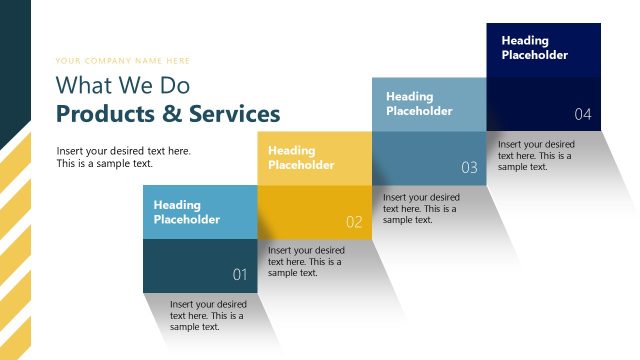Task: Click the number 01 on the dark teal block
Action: [x=240, y=274]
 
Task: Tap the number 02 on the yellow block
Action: [x=354, y=222]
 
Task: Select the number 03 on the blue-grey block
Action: [x=469, y=168]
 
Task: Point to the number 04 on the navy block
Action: [x=583, y=114]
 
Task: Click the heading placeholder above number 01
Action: [x=187, y=212]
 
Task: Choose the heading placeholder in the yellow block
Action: [x=301, y=157]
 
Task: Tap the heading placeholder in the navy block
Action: [x=534, y=48]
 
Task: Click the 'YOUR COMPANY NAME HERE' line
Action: [x=123, y=61]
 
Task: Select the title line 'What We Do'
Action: [x=122, y=85]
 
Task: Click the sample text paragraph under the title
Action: [x=123, y=157]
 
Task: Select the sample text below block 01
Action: [x=208, y=315]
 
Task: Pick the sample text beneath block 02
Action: [x=306, y=261]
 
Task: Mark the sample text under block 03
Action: [x=421, y=208]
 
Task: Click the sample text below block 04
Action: [x=537, y=155]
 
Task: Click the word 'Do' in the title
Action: [x=175, y=85]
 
